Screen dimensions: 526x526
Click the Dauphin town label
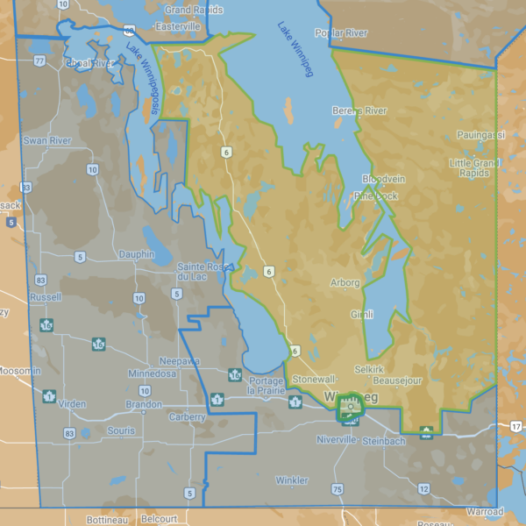[137, 254]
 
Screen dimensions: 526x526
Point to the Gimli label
[362, 314]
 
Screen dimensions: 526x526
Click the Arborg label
[345, 283]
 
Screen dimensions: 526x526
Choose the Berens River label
[359, 110]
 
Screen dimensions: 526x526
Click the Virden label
[71, 404]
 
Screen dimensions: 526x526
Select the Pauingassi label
[480, 135]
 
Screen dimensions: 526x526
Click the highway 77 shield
[39, 61]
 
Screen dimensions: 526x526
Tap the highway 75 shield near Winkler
[337, 487]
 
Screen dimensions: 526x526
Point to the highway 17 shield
[515, 425]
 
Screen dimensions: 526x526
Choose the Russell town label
[45, 297]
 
